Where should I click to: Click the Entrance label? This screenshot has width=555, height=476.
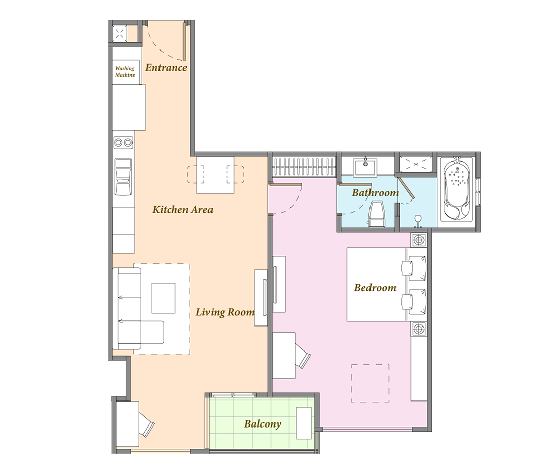(x=166, y=68)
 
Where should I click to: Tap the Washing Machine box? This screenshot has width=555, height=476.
(x=125, y=72)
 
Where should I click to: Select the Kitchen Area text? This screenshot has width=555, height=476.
(x=182, y=210)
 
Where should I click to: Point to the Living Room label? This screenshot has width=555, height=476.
(x=225, y=312)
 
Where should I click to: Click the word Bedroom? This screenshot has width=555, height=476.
(x=375, y=287)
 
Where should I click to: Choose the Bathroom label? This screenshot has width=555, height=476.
(x=375, y=193)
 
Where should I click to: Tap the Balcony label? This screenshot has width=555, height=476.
(x=262, y=424)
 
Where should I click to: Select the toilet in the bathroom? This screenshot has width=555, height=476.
(x=377, y=214)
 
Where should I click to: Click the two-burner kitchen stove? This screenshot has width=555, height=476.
(x=123, y=143)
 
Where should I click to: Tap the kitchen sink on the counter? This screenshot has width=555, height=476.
(x=123, y=177)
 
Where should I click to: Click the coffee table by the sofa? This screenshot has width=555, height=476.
(x=164, y=298)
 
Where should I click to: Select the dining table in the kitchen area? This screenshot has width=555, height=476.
(x=215, y=174)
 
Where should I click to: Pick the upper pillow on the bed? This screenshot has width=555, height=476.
(x=413, y=268)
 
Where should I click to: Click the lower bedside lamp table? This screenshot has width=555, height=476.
(x=419, y=329)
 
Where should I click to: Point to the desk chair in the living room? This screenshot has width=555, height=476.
(x=147, y=423)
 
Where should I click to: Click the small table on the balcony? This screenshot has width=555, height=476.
(x=304, y=423)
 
